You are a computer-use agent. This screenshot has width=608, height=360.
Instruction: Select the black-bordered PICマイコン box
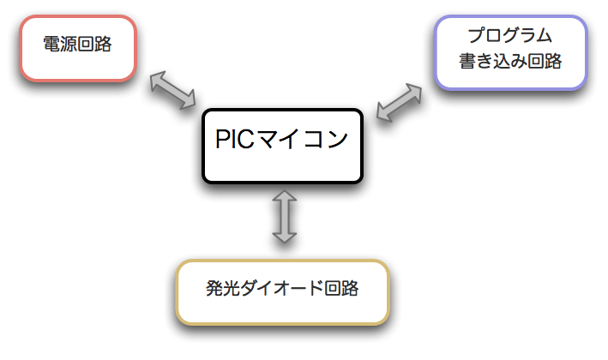point(282,144)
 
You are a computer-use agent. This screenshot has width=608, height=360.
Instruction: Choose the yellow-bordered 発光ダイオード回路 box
point(282,291)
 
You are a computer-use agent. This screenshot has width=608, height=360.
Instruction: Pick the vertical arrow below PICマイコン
point(284,216)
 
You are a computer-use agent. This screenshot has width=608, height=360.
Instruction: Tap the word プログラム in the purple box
point(509,37)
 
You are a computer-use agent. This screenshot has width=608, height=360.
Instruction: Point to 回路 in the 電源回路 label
point(94,45)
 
